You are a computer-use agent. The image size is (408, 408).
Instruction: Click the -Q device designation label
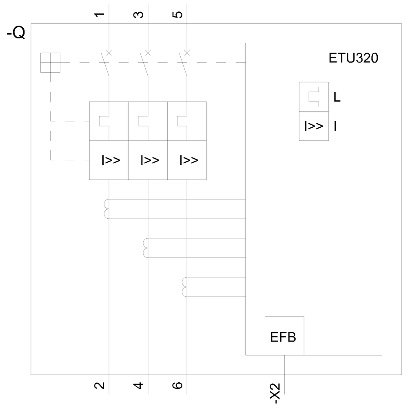pyautogui.click(x=16, y=33)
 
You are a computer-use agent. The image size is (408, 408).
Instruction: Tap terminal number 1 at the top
pyautogui.click(x=100, y=15)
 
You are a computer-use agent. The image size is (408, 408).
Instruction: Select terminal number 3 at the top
pyautogui.click(x=138, y=15)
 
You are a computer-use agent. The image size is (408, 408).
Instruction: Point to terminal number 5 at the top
pyautogui.click(x=177, y=15)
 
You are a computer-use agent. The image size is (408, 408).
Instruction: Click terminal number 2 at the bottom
pyautogui.click(x=100, y=386)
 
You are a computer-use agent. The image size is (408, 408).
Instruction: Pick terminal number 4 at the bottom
pyautogui.click(x=138, y=386)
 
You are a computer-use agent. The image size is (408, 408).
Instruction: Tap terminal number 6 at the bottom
pyautogui.click(x=177, y=386)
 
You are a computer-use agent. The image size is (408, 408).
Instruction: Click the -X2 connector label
pyautogui.click(x=275, y=393)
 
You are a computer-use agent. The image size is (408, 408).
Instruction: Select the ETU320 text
pyautogui.click(x=353, y=58)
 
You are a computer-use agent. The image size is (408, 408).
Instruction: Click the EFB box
pyautogui.click(x=284, y=336)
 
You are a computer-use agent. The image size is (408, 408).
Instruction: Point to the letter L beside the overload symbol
pyautogui.click(x=337, y=98)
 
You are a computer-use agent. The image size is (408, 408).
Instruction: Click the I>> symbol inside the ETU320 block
pyautogui.click(x=314, y=126)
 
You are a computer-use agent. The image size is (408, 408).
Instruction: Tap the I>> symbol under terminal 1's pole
pyautogui.click(x=111, y=160)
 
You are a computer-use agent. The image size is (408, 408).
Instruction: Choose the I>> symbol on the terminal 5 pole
pyautogui.click(x=189, y=160)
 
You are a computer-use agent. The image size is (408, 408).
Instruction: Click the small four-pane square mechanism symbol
pyautogui.click(x=50, y=62)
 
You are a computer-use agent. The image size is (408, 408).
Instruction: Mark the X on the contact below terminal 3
pyautogui.click(x=148, y=53)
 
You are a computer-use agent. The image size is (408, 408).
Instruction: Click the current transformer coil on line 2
pyautogui.click(x=106, y=209)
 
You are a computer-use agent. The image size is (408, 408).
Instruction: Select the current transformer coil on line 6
pyautogui.click(x=185, y=287)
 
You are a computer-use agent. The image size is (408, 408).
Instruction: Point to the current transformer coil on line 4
pyautogui.click(x=146, y=248)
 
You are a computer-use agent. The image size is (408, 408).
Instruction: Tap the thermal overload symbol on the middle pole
pyautogui.click(x=143, y=121)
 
